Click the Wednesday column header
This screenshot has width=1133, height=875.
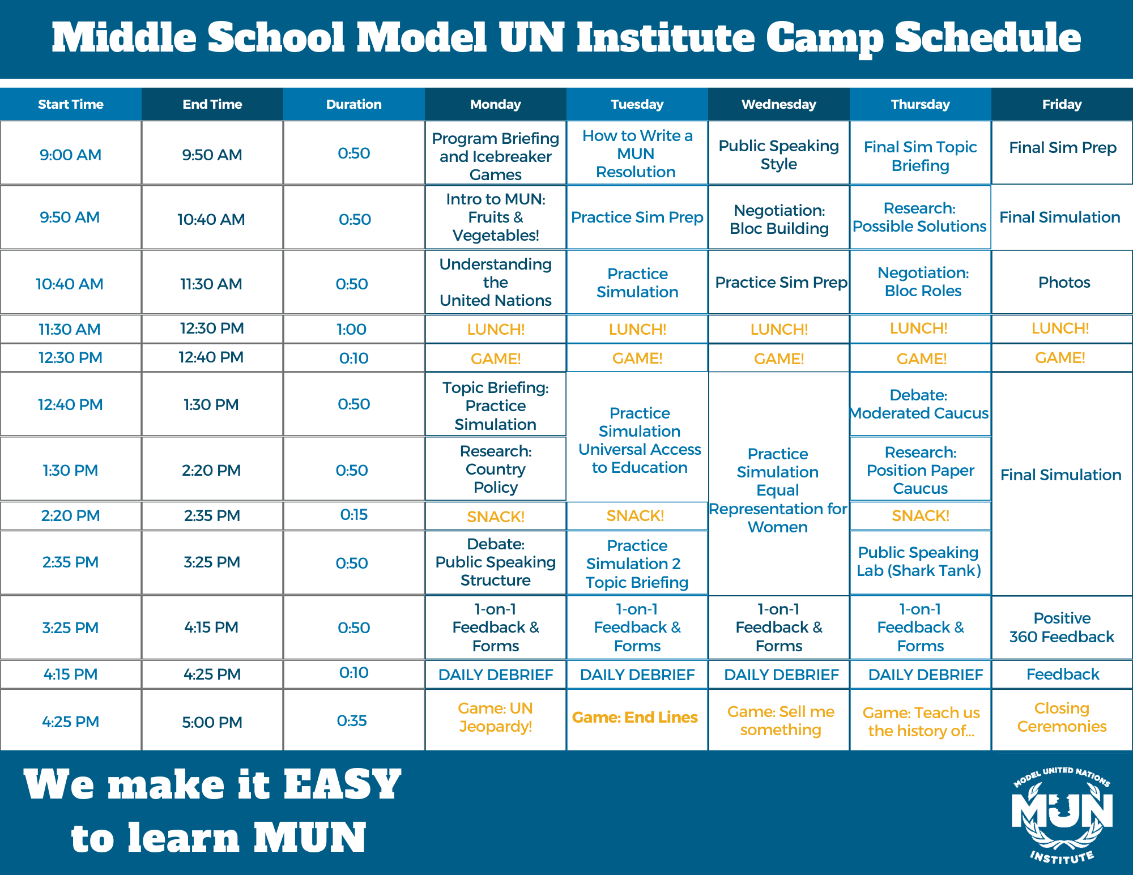[779, 104]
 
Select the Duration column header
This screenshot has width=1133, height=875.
[354, 104]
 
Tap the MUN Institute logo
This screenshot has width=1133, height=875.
[1062, 816]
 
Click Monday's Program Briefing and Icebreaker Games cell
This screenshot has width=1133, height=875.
[496, 153]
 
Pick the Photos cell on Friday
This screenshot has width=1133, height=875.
[1062, 282]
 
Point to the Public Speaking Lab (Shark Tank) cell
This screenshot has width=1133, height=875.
[921, 562]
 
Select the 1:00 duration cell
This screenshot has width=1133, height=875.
[354, 329]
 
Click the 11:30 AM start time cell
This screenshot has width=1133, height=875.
[71, 329]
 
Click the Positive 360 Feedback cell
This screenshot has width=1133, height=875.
[1062, 627]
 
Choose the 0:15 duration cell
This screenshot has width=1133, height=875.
[354, 515]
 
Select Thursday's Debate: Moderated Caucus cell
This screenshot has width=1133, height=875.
[921, 404]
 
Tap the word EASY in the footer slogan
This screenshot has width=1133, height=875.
[342, 785]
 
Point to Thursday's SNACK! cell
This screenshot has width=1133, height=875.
[921, 515]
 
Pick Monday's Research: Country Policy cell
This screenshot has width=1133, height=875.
[496, 469]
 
